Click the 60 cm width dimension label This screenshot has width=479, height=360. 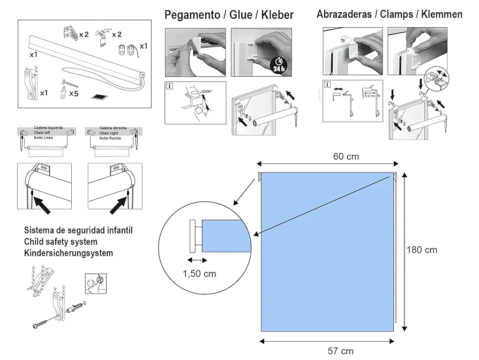[346, 156]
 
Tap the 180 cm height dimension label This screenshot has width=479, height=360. [422, 250]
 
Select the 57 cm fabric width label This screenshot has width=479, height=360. [341, 351]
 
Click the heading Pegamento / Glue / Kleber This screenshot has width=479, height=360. [229, 15]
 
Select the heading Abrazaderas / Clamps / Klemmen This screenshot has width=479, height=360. [389, 14]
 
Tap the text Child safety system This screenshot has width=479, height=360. [61, 242]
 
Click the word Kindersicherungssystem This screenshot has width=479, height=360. [69, 253]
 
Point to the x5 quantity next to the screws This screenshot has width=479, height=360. [74, 94]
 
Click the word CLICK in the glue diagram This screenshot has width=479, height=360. [206, 92]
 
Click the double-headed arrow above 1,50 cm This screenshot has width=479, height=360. [197, 260]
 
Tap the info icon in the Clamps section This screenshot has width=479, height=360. [327, 85]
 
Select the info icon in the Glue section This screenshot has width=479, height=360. [170, 86]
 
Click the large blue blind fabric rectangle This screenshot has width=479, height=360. [327, 252]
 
